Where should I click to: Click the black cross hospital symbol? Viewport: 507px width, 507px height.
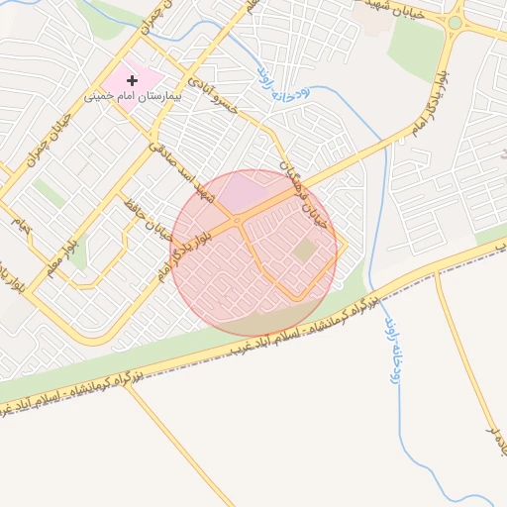(132, 79)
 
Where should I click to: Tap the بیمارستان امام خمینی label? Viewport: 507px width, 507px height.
(135, 97)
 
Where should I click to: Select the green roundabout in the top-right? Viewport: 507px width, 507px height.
(455, 22)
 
